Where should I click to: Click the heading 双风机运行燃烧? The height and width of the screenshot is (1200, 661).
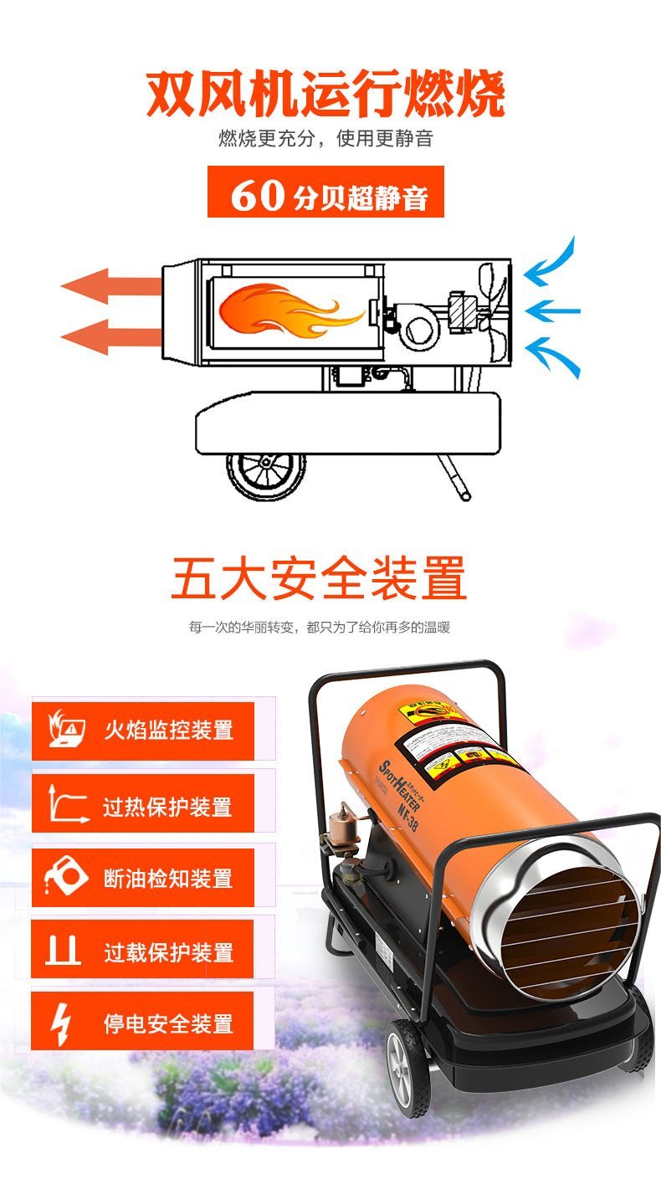coord(326,95)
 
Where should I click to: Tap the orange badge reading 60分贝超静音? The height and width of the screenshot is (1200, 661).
coord(325,192)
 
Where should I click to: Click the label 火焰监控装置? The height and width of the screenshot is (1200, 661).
coord(167,731)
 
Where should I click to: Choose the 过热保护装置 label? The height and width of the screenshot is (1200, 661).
coord(167,807)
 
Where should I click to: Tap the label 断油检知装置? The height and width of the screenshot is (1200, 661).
coord(167,879)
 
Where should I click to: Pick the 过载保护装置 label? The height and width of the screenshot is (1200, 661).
coord(167,951)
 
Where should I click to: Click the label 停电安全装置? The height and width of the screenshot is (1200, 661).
coord(167,1023)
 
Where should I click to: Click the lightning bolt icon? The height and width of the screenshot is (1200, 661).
coord(62,1023)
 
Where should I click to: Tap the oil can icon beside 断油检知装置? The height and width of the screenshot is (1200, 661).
coord(65,877)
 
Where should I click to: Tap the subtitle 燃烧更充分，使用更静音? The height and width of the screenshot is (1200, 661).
coord(325,139)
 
